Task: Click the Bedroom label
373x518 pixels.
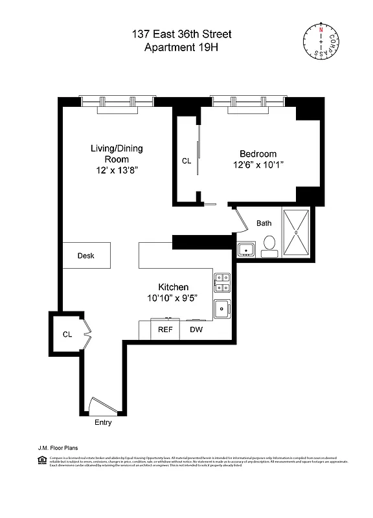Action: (x=258, y=153)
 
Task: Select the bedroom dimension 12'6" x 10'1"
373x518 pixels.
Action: (x=258, y=165)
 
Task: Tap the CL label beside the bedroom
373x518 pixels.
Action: (x=186, y=161)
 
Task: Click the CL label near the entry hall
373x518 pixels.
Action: (x=67, y=334)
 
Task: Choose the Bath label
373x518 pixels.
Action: (x=264, y=223)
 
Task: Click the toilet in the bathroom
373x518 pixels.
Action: (x=270, y=245)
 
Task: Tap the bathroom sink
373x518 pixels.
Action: (x=245, y=249)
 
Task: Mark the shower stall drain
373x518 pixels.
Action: (x=295, y=231)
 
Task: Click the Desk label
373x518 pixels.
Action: (x=86, y=256)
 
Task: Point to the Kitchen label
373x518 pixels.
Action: (x=174, y=287)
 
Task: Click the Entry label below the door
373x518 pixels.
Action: (x=103, y=423)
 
